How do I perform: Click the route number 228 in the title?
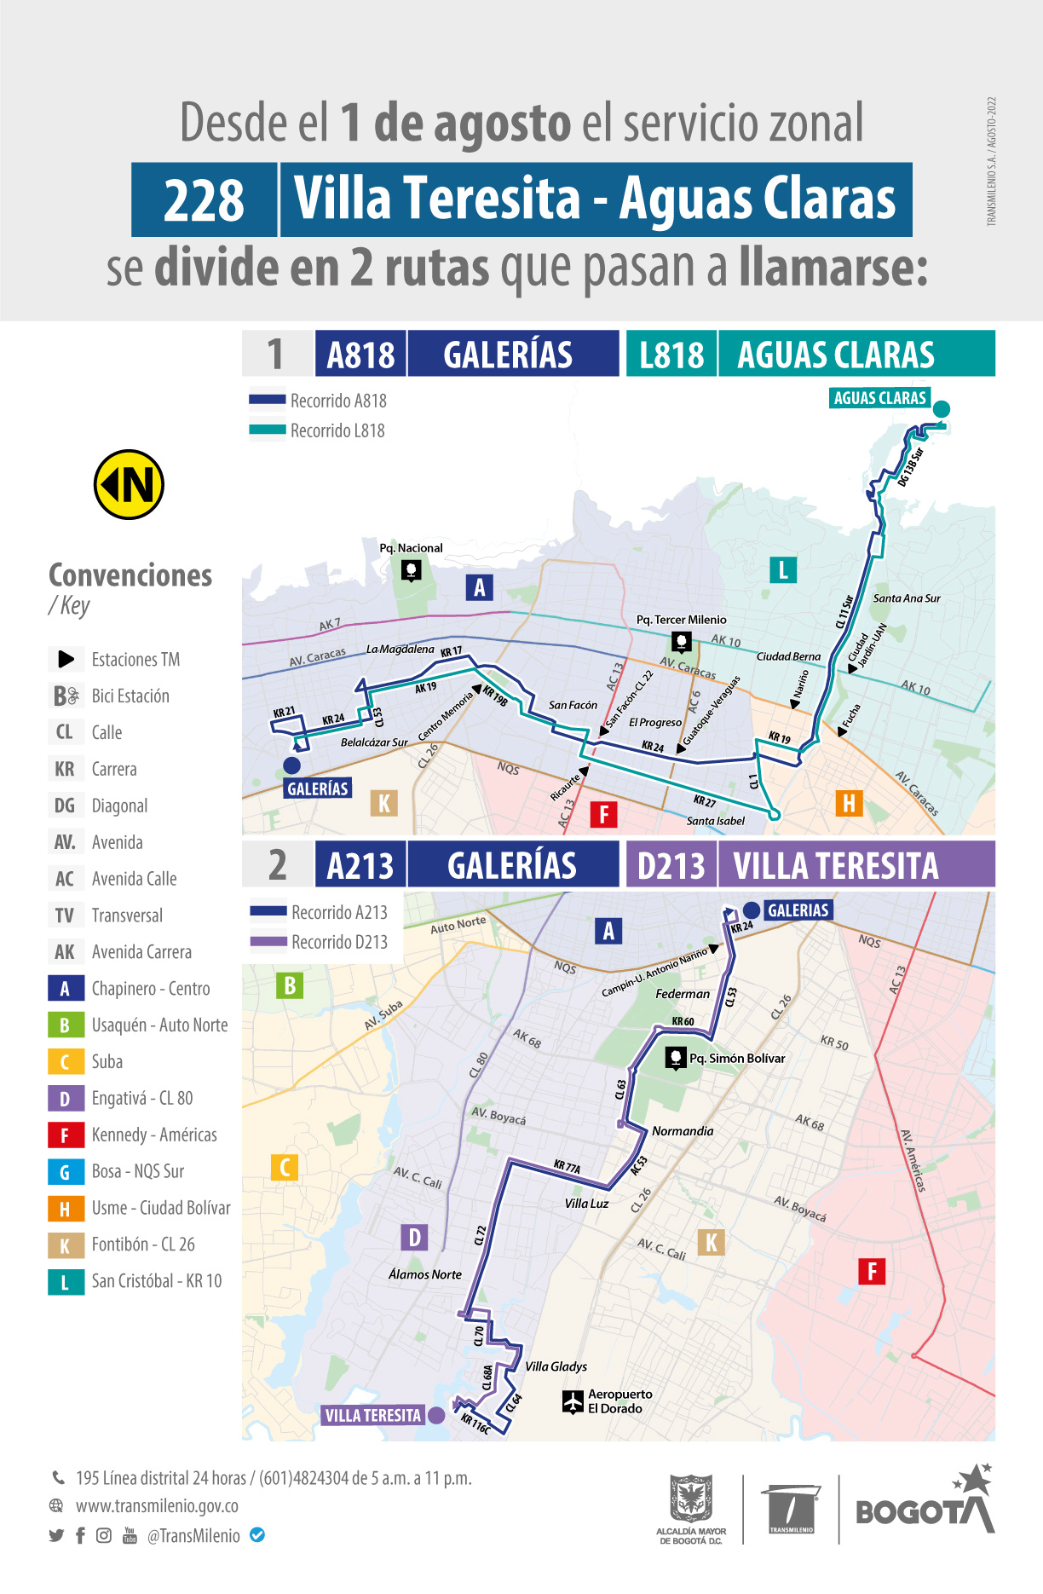[204, 200]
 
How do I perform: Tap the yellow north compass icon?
[129, 484]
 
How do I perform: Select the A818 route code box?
[360, 355]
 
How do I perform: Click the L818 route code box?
[671, 355]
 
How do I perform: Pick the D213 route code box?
[671, 865]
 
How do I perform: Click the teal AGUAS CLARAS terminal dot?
[941, 409]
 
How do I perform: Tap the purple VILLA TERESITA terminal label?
[372, 1415]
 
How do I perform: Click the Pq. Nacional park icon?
[411, 569]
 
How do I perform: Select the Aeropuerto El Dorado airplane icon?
[573, 1401]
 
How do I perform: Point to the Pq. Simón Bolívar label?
[736, 1058]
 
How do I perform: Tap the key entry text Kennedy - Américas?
[154, 1135]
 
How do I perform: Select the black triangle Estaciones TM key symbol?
[66, 659]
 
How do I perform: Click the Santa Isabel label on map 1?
[715, 821]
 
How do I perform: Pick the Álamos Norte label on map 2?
[424, 1274]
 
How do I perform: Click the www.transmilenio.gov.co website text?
[157, 1506]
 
